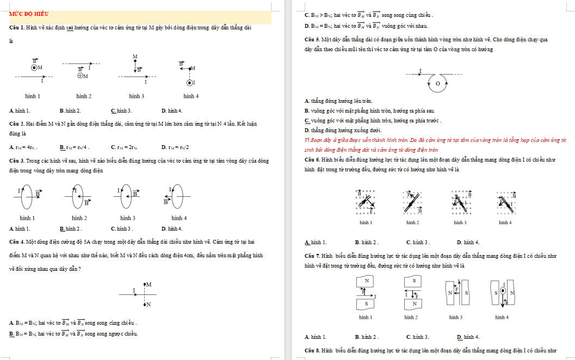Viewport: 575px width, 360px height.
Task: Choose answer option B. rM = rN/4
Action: click(x=74, y=147)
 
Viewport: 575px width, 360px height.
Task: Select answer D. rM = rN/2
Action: click(x=175, y=147)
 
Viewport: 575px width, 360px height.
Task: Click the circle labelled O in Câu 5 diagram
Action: click(x=437, y=84)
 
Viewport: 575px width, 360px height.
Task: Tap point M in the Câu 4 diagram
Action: click(x=145, y=284)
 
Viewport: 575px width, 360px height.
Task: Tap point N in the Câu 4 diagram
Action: click(x=145, y=304)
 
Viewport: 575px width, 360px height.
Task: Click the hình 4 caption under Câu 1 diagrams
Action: click(x=190, y=96)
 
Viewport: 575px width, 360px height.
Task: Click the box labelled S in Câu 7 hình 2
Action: click(x=414, y=281)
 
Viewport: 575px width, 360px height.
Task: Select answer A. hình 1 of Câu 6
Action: click(x=316, y=242)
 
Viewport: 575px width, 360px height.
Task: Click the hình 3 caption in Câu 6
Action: click(x=460, y=222)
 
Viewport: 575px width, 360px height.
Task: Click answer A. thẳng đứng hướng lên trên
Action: click(x=338, y=101)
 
